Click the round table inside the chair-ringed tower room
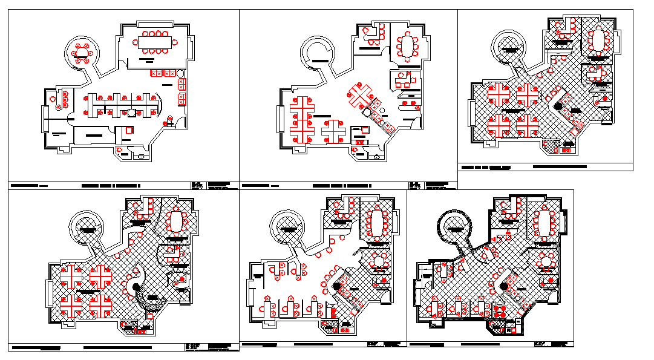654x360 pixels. pyautogui.click(x=81, y=53)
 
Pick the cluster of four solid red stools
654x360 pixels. pyautogui.click(x=499, y=311)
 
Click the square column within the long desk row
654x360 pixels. pyautogui.click(x=131, y=112)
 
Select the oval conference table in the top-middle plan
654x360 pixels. pyautogui.click(x=408, y=45)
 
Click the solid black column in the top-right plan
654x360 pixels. pyautogui.click(x=559, y=106)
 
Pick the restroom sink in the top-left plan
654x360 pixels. pyautogui.click(x=141, y=156)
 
